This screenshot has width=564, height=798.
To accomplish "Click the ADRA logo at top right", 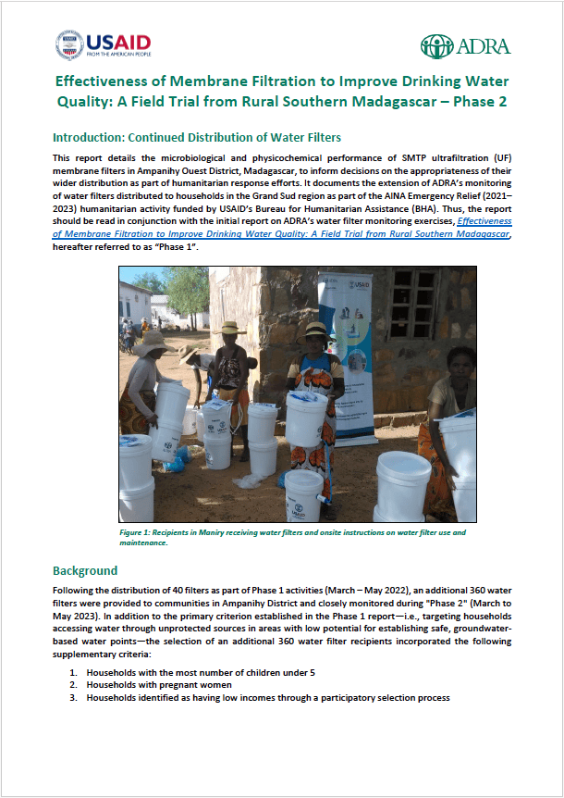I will click(x=465, y=45).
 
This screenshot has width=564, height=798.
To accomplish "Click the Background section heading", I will click(x=85, y=570).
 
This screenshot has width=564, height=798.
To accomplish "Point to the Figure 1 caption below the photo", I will click(x=292, y=537).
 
